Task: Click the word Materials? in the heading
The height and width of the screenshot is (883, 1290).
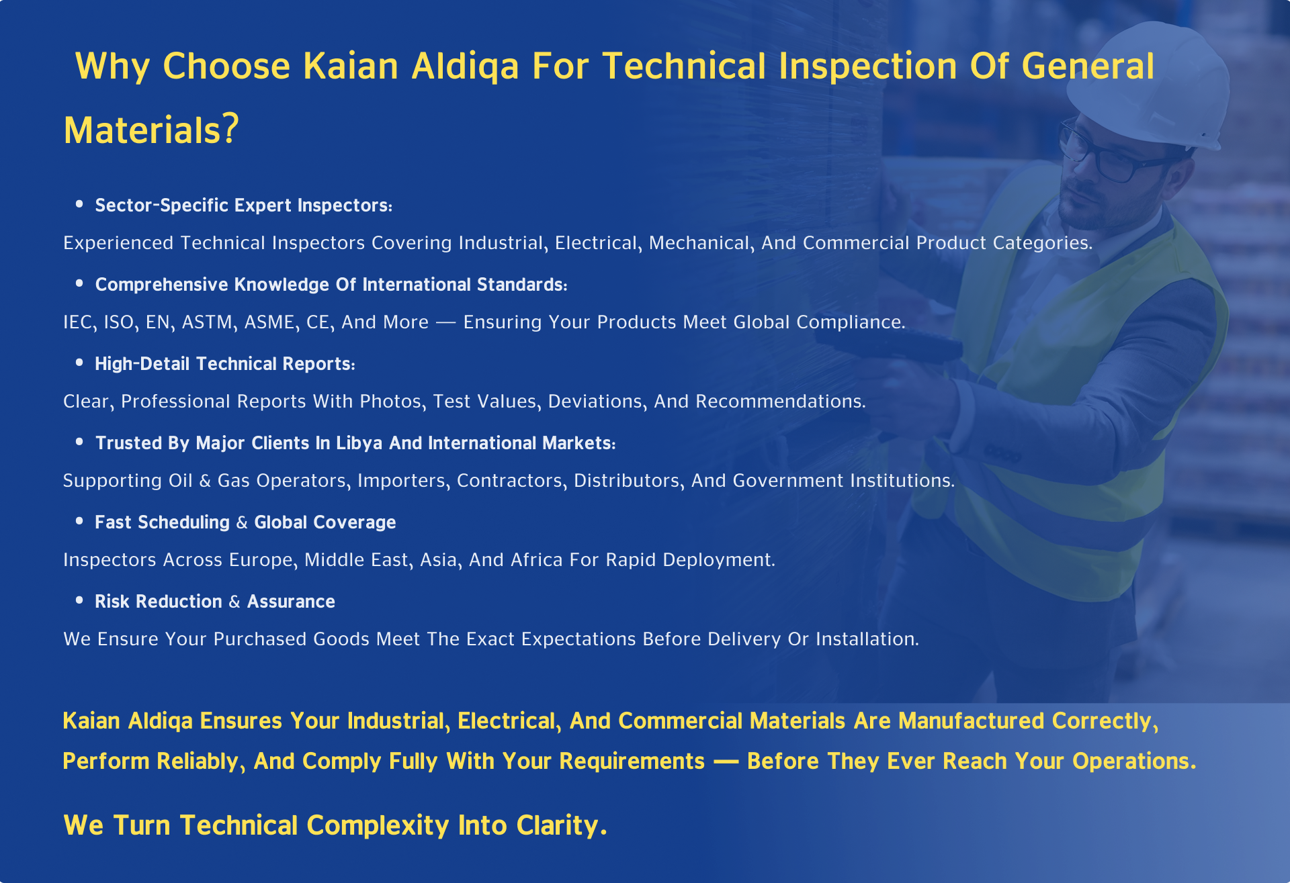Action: point(151,130)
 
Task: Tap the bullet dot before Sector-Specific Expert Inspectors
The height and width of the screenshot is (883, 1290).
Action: point(79,203)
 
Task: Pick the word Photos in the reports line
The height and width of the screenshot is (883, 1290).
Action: point(392,402)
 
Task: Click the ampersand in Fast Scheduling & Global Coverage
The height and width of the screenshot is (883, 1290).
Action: point(242,522)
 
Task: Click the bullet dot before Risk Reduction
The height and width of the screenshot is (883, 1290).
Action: point(79,600)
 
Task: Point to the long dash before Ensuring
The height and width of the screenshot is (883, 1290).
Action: point(445,323)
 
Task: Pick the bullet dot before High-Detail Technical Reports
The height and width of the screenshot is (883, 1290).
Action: point(79,362)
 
